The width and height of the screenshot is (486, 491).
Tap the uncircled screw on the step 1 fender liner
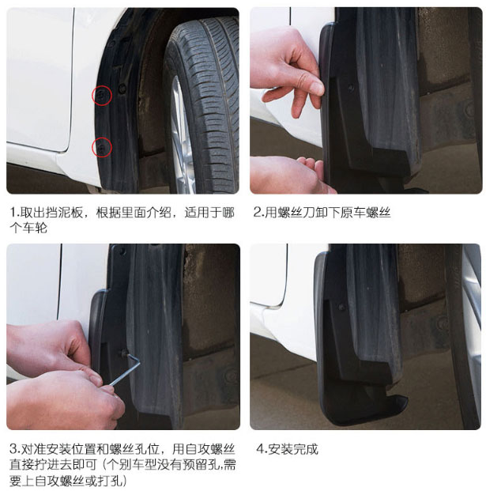coord(122,89)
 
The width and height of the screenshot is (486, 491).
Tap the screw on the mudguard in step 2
coord(351,89)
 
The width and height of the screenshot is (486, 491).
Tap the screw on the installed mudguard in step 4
coord(342,308)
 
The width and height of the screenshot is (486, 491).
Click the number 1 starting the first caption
coord(13,213)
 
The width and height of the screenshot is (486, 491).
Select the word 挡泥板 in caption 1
coord(64,213)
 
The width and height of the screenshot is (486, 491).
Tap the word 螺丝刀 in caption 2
coord(290,213)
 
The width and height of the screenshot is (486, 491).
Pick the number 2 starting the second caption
coord(257,213)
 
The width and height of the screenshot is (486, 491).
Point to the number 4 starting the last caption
coord(260,449)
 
